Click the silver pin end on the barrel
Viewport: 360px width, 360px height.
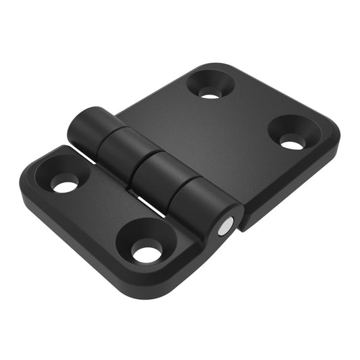pyautogui.click(x=224, y=228)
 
